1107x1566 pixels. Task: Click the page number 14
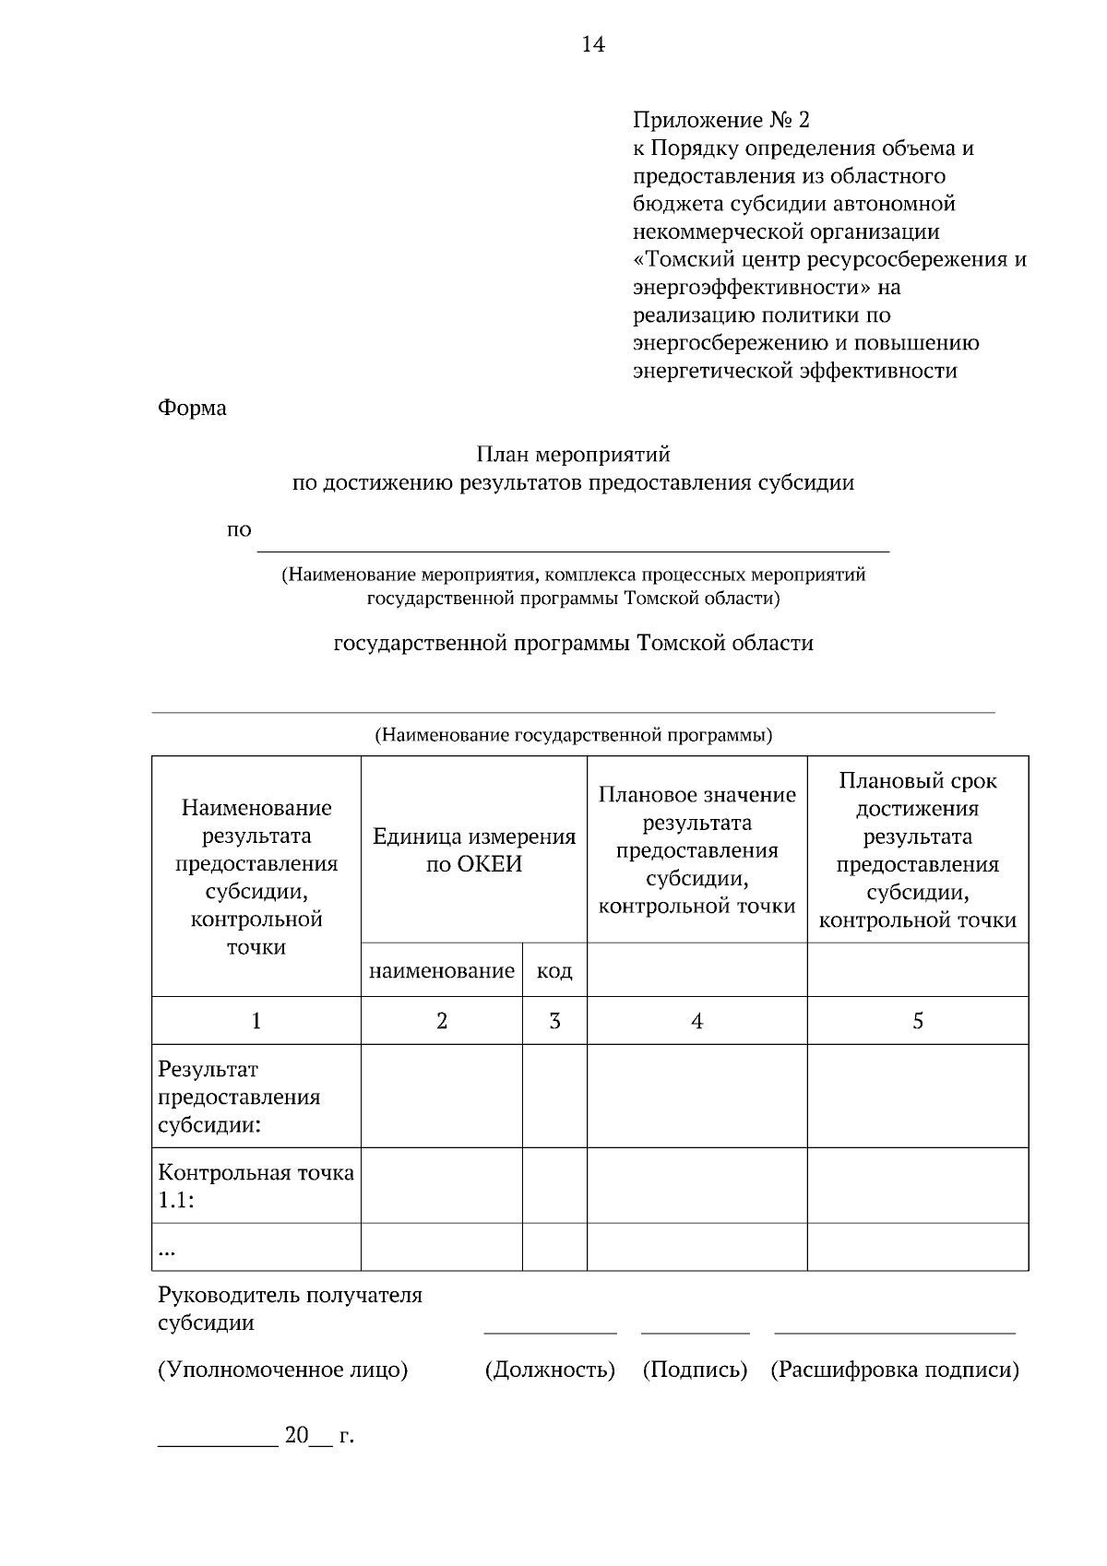pyautogui.click(x=593, y=44)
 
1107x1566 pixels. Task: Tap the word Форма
pyautogui.click(x=192, y=408)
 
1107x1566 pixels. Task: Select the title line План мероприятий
pyautogui.click(x=573, y=455)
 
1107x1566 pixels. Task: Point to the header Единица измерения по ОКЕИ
pyautogui.click(x=473, y=850)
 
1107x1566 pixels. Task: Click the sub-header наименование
pyautogui.click(x=442, y=970)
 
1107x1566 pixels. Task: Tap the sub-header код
pyautogui.click(x=554, y=970)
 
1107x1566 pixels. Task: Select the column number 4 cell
pyautogui.click(x=696, y=1021)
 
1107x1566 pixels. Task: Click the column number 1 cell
pyautogui.click(x=256, y=1021)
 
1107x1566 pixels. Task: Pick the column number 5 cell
pyautogui.click(x=917, y=1021)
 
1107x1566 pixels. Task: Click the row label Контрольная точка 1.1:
pyautogui.click(x=256, y=1186)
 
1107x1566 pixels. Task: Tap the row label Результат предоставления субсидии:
pyautogui.click(x=239, y=1097)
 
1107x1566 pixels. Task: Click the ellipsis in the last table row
pyautogui.click(x=167, y=1251)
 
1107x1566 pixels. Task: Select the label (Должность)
pyautogui.click(x=550, y=1370)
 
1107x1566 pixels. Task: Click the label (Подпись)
pyautogui.click(x=695, y=1370)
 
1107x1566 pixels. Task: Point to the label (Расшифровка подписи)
pyautogui.click(x=895, y=1370)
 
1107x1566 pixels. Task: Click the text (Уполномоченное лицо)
pyautogui.click(x=282, y=1370)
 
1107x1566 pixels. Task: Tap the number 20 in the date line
pyautogui.click(x=295, y=1435)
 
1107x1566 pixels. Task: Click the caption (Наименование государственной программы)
pyautogui.click(x=573, y=735)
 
